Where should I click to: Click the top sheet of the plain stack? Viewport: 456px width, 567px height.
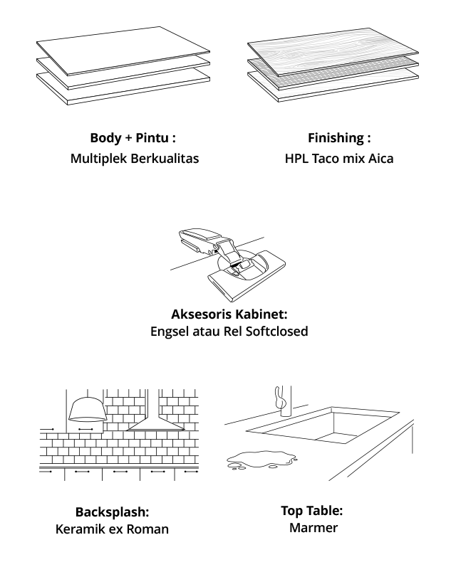point(121,50)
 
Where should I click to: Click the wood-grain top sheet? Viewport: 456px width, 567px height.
point(331,51)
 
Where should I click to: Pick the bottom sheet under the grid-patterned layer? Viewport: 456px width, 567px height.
point(342,88)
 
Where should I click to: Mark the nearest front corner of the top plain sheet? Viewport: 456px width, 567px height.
point(68,74)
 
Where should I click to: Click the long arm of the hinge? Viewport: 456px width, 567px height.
point(199,239)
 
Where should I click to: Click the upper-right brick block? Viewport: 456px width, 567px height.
point(179,406)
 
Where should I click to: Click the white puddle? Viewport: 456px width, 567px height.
point(261,460)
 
